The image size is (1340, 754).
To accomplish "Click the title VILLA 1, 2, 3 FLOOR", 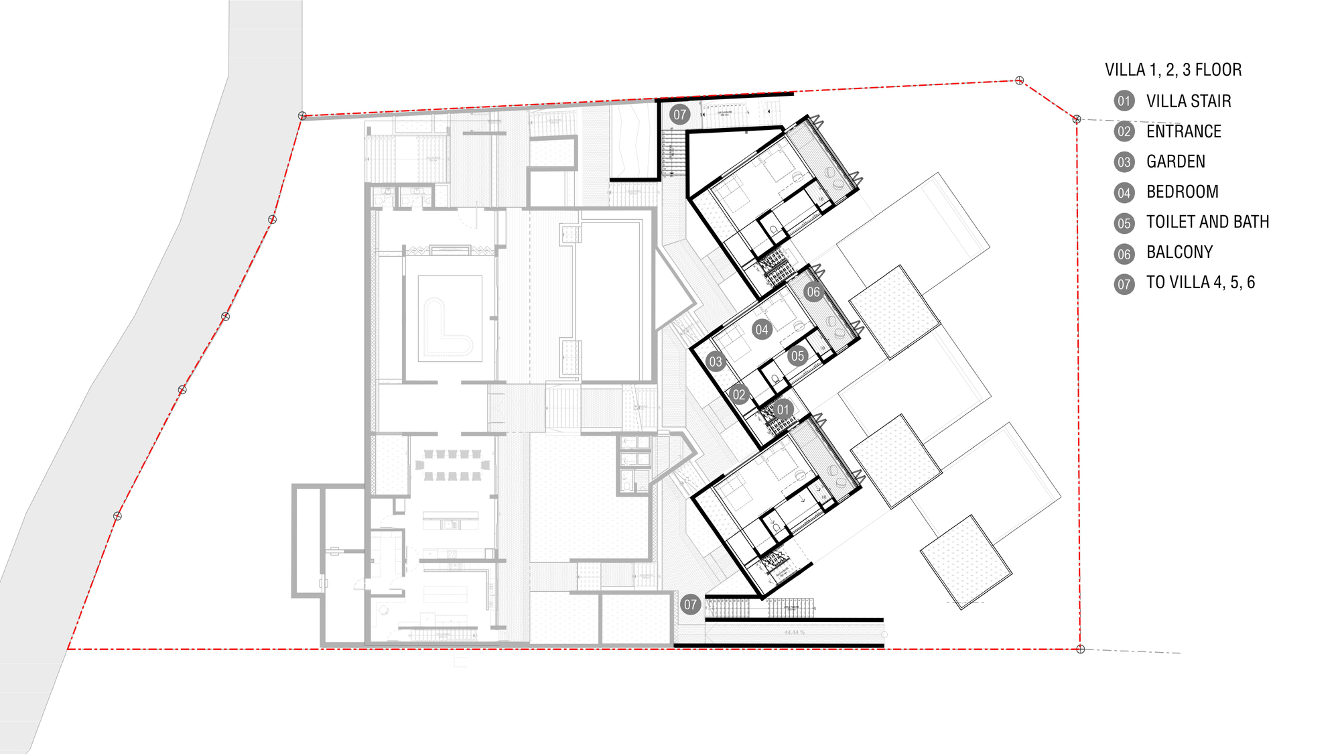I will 1173,70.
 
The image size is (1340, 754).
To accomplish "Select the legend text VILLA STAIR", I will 1189,101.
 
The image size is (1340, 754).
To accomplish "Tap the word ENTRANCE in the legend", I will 1184,131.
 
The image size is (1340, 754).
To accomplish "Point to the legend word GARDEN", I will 1176,162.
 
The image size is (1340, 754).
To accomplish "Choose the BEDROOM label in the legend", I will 1183,192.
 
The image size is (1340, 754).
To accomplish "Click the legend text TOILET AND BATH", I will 1208,222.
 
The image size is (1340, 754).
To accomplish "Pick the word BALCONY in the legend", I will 1180,252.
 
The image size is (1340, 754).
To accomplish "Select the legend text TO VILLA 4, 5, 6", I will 1201,282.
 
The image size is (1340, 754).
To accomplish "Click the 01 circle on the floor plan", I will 783,409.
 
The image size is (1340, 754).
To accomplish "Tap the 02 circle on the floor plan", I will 739,395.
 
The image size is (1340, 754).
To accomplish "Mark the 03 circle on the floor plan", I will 716,362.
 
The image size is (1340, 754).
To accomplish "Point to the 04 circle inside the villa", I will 762,329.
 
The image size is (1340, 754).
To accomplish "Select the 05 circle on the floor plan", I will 797,356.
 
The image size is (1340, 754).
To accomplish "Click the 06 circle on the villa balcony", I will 813,292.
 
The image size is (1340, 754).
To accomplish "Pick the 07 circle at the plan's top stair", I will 680,115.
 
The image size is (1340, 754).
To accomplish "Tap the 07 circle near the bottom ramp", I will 691,605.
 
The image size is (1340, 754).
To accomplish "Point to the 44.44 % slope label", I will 794,633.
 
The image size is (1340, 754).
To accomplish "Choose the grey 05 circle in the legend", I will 1124,223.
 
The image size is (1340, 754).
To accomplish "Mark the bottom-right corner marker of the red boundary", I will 1080,649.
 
